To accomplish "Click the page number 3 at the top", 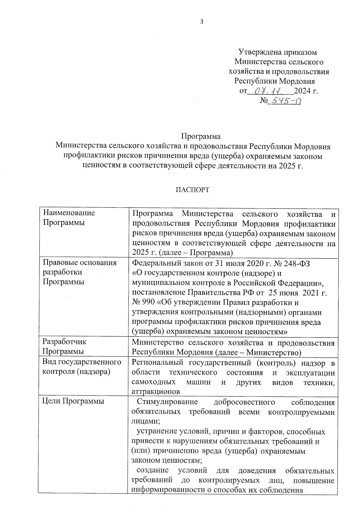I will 202,22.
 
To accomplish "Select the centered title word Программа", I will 201,136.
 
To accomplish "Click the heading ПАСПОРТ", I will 192,190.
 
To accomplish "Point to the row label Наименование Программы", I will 69,218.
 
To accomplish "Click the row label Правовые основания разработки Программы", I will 79,272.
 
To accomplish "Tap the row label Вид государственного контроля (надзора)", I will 82,367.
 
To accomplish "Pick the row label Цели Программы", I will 73,401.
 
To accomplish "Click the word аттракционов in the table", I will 156,391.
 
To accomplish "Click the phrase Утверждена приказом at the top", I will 277,52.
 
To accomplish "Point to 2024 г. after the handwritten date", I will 306,91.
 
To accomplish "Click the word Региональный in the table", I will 157,363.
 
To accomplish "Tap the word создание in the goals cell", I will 153,470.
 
